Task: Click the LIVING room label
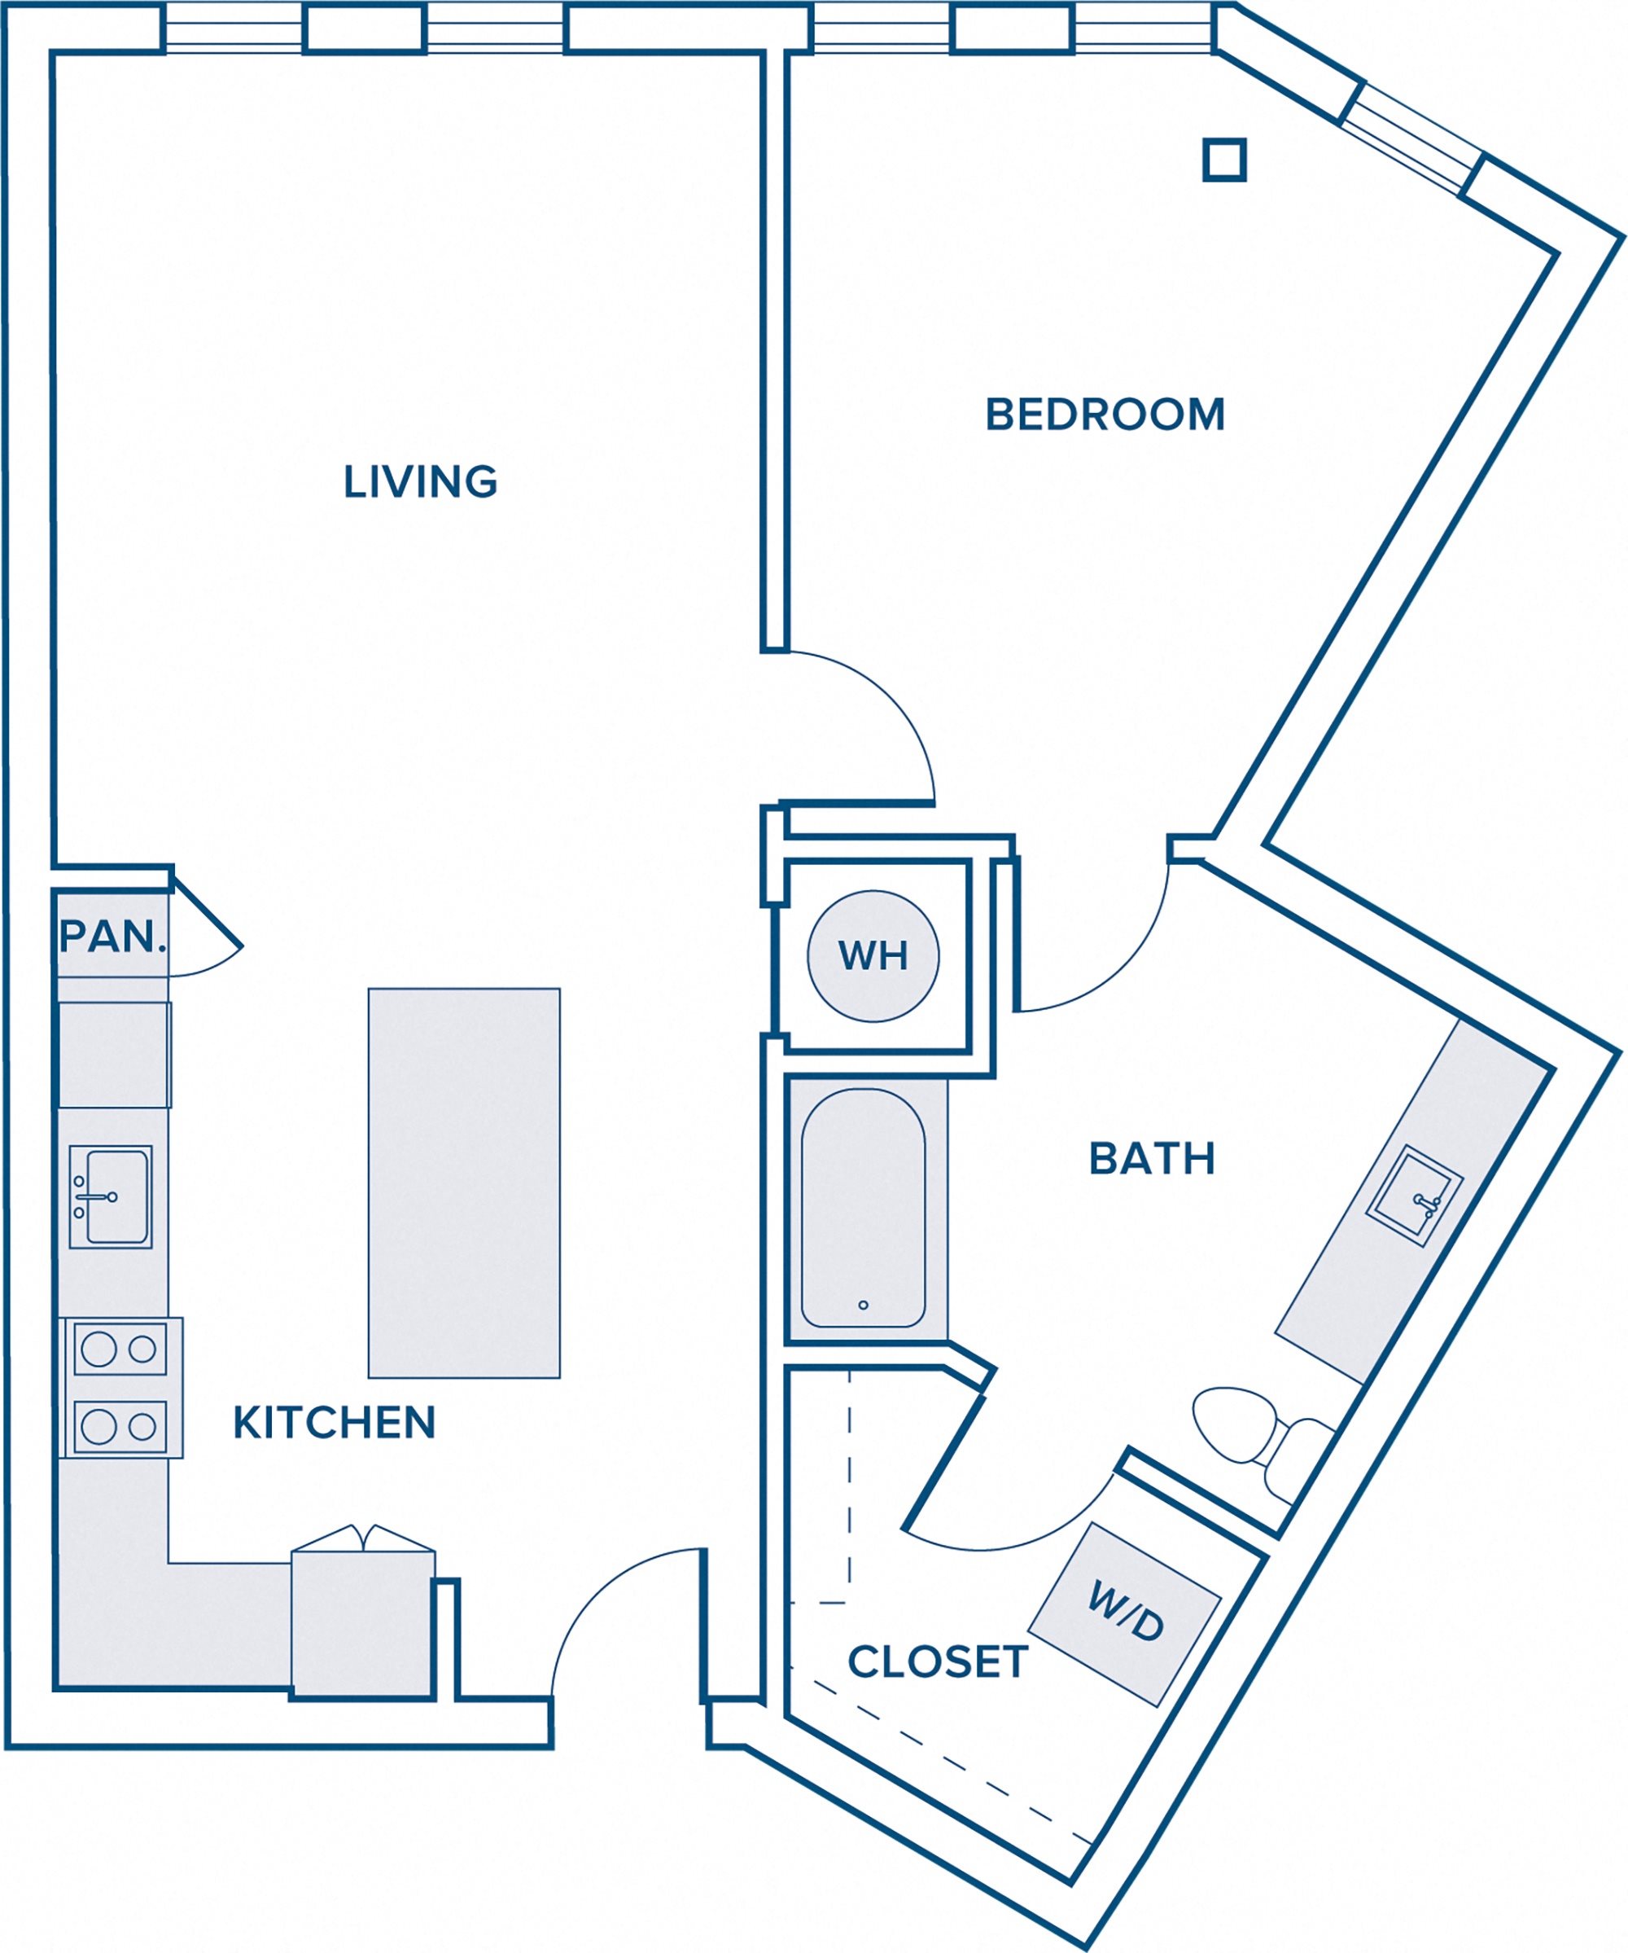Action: click(420, 482)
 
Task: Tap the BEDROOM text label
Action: click(1105, 415)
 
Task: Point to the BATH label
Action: click(1152, 1159)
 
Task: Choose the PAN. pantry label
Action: click(112, 937)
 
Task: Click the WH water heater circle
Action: click(873, 956)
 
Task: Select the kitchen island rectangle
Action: click(464, 1183)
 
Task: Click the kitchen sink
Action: click(111, 1197)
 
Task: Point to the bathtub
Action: click(863, 1207)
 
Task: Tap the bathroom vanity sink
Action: click(1413, 1195)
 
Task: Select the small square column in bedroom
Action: click(1223, 160)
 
